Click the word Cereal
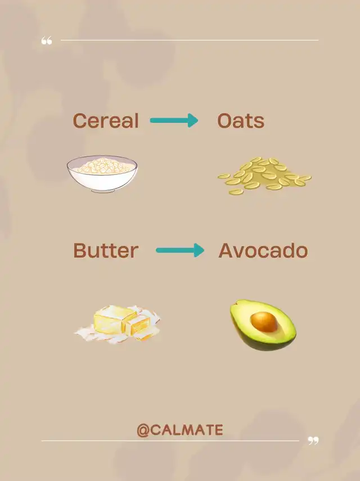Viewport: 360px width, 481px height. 106,120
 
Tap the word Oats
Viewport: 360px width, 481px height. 241,120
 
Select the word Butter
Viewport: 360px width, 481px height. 106,250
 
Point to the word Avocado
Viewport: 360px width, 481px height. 263,250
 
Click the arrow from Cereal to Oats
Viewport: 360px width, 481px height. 174,120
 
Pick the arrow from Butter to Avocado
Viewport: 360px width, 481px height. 180,250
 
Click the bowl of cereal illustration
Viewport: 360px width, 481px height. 102,174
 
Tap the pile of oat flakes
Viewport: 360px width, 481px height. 264,176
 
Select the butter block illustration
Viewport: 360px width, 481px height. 118,324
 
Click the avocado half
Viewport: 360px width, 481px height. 263,325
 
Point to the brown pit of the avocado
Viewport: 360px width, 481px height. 264,322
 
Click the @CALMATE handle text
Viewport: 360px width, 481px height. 180,430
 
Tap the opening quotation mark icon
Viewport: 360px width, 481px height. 47,40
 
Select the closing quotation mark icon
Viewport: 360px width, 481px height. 313,440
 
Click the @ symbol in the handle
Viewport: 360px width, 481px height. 143,430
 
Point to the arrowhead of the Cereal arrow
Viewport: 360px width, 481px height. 192,120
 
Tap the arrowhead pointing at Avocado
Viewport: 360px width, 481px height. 199,250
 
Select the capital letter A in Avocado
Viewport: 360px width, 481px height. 226,250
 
